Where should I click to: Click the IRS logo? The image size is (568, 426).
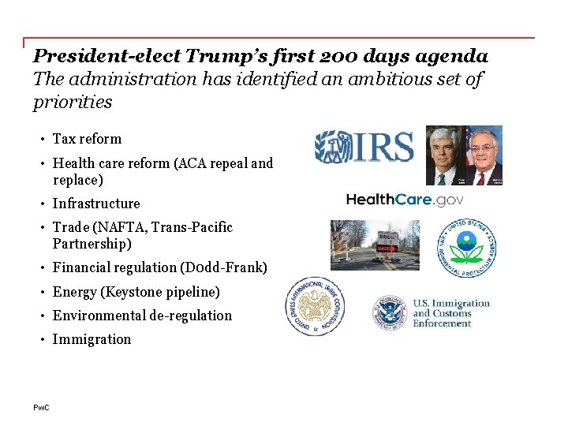point(364,148)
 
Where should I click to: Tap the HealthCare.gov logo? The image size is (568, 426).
point(405,200)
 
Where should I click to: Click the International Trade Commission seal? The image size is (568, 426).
point(316,307)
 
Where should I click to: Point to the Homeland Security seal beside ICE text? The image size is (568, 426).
point(389,313)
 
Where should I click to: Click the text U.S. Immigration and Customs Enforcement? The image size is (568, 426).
point(451,313)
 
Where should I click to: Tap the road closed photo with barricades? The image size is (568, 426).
point(375,245)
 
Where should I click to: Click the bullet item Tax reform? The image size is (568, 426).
point(87,139)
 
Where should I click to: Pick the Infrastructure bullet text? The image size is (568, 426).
point(96,204)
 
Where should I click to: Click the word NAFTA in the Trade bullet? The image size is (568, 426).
point(120,227)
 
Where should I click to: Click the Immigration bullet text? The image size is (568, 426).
point(92,339)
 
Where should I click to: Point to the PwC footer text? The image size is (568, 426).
point(41,407)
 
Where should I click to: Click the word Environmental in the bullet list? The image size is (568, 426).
point(99,316)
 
